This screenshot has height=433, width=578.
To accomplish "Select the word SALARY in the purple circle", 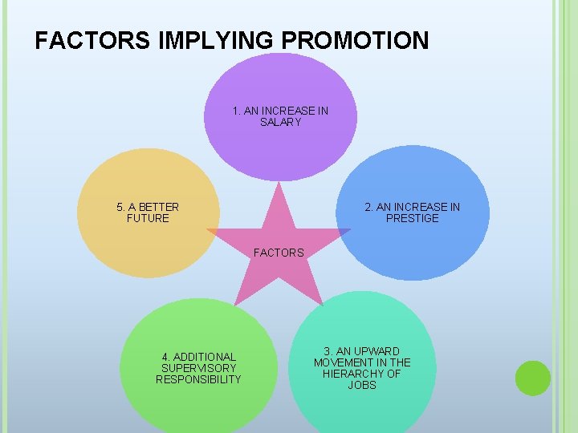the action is [x=280, y=123].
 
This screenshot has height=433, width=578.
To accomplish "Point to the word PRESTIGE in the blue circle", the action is [x=413, y=218].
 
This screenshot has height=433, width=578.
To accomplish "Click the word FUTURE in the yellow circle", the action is [x=148, y=218].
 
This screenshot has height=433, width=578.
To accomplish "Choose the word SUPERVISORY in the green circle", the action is [x=198, y=368].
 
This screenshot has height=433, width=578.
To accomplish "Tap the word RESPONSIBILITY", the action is [x=198, y=379].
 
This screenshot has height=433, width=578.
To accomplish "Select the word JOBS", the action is [x=362, y=385].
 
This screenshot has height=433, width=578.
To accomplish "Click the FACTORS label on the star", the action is [x=279, y=253].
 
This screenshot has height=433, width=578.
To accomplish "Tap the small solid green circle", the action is [x=532, y=378].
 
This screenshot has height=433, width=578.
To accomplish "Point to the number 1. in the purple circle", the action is [x=237, y=111].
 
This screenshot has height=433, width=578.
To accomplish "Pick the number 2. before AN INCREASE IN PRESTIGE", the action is [x=369, y=207].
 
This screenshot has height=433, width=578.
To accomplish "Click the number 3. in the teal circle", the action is [x=328, y=351].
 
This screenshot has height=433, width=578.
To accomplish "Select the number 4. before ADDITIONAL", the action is [x=165, y=357].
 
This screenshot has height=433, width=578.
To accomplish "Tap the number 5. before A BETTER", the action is [x=121, y=207].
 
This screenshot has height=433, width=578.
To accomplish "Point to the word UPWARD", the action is [x=377, y=351].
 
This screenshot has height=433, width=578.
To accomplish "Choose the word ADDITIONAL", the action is [x=205, y=357].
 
